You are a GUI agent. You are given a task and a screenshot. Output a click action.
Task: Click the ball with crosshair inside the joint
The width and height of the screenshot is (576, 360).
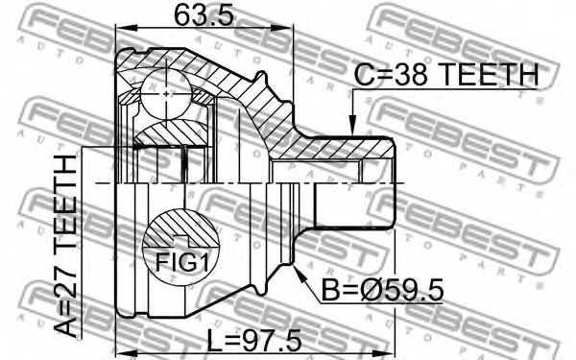(167, 93)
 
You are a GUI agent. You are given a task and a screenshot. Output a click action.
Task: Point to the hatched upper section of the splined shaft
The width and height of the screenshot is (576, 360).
(346, 151)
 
